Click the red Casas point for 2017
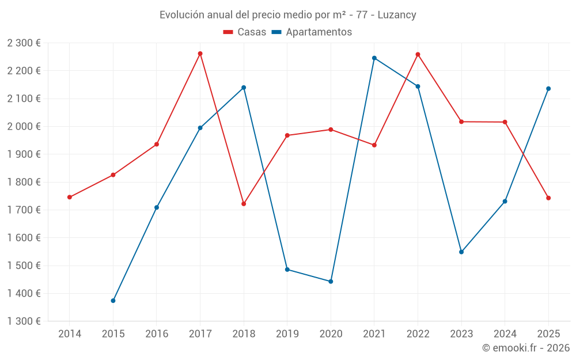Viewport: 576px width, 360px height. coord(200,54)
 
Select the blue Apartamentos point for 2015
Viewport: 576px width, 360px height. coord(113,301)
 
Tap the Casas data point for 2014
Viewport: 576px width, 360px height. coord(70,197)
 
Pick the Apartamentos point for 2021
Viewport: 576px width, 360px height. coord(374,58)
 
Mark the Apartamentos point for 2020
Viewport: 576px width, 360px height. coord(331,282)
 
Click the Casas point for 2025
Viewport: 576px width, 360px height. coord(548,198)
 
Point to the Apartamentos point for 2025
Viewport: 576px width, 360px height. coord(548,89)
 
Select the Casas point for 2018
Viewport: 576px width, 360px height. coord(244,204)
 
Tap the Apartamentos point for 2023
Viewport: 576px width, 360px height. coord(461,252)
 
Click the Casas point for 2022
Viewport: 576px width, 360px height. coord(418,55)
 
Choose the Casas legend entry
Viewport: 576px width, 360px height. coord(245,32)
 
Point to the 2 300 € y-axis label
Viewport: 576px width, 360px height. coord(24,43)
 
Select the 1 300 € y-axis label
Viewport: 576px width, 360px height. coord(24,321)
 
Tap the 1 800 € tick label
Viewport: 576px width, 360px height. coord(24,182)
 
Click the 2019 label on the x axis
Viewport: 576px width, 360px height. coord(287,334)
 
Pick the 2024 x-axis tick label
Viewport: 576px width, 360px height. coord(505,334)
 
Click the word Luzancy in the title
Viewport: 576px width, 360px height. coord(397,15)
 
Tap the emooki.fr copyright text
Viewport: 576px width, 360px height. coord(526,348)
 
